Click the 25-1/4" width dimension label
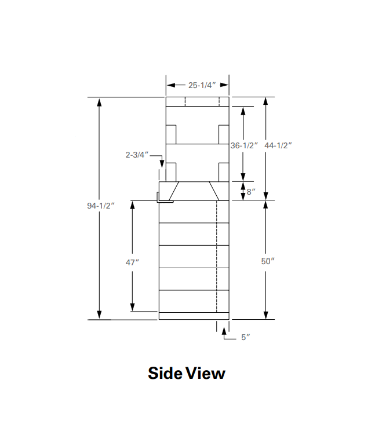(202, 85)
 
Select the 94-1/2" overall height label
(101, 206)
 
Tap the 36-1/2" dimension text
(244, 145)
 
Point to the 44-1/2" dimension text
(278, 145)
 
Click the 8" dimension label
(251, 192)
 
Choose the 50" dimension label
(268, 261)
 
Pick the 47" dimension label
(132, 262)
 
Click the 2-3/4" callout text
(137, 155)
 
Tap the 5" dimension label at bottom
(246, 337)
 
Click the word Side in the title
(165, 373)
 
